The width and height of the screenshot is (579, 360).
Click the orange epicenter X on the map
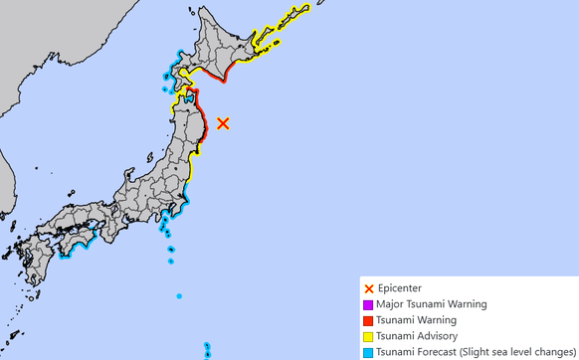[224, 123]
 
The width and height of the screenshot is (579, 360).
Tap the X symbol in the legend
[369, 288]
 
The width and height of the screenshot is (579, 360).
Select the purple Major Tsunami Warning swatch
[369, 304]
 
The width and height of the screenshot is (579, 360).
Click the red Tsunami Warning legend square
[369, 320]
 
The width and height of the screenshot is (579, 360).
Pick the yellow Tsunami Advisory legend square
[369, 336]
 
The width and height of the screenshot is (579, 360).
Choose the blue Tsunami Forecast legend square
[369, 352]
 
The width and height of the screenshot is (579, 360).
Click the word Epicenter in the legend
[401, 288]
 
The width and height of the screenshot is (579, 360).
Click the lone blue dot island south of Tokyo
[179, 295]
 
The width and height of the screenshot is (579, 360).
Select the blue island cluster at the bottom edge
[207, 350]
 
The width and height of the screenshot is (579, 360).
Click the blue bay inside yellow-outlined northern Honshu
[186, 99]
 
